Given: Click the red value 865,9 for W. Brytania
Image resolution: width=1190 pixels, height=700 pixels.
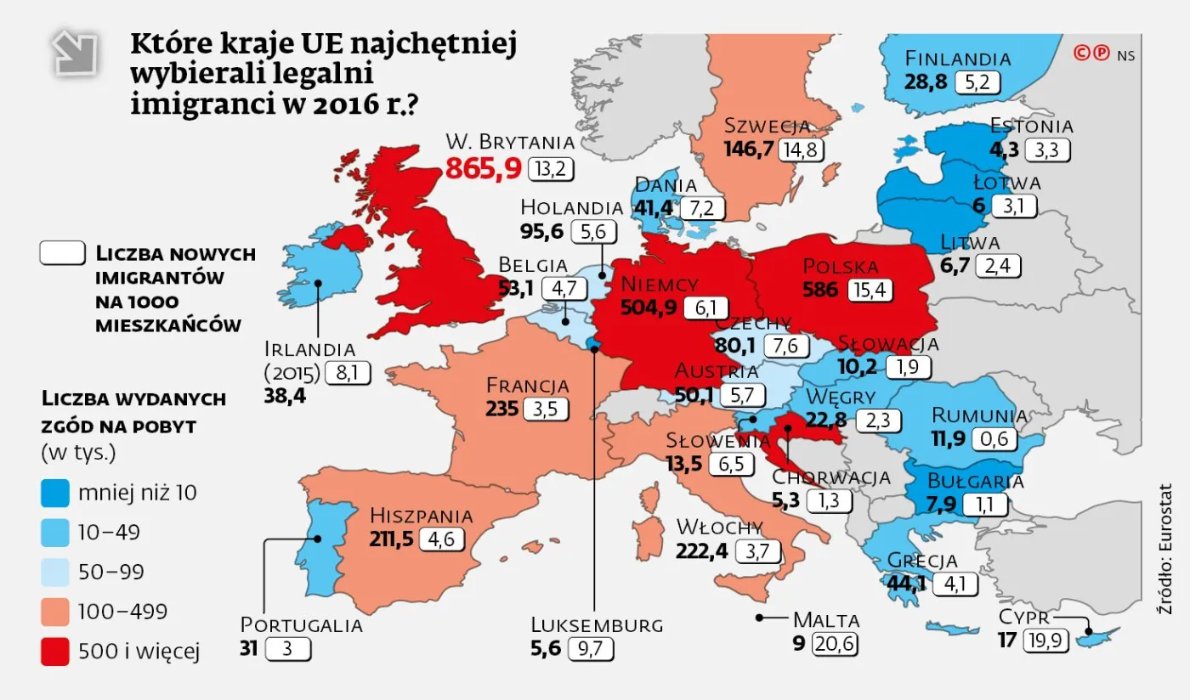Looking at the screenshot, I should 483,168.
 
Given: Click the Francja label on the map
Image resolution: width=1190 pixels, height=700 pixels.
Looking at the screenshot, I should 527,386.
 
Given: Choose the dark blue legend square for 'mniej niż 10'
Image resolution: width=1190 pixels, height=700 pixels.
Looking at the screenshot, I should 55,493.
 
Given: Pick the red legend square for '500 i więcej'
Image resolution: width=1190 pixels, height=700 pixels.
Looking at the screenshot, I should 55,652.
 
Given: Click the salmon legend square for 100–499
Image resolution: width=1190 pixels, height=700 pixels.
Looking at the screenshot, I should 55,612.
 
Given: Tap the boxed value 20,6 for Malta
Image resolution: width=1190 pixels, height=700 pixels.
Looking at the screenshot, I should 834,644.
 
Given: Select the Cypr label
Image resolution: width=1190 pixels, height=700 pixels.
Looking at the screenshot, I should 1024,618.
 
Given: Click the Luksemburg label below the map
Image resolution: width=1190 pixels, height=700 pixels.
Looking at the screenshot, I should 596,625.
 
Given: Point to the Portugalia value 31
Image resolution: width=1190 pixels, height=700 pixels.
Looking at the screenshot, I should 248,648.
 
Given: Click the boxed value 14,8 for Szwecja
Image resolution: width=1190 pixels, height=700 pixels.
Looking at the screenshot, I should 803,150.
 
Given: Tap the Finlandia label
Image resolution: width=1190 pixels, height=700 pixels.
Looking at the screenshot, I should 958,59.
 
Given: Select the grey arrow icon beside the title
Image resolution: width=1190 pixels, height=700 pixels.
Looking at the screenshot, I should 75,54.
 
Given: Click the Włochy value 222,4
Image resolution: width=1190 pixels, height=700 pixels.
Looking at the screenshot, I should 701,550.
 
